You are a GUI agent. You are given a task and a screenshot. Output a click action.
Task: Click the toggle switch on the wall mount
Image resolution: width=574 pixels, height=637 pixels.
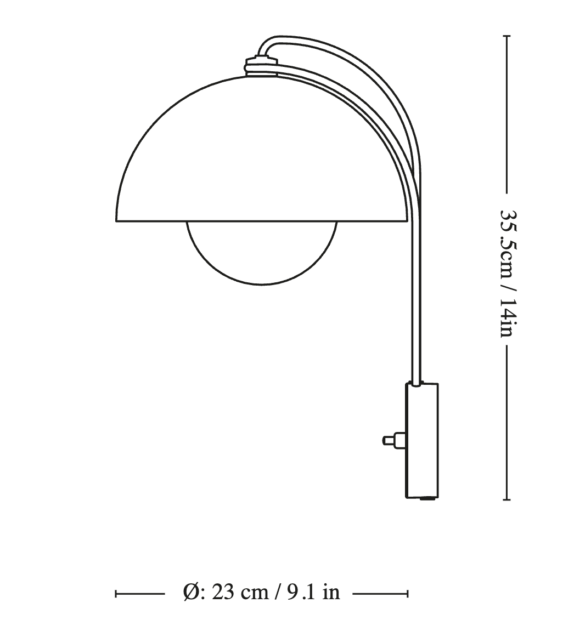click(394, 440)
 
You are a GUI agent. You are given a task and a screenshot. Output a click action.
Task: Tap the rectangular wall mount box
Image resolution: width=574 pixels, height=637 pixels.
click(422, 440)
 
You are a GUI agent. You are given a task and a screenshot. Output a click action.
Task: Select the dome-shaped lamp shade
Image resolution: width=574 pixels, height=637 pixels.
click(261, 149)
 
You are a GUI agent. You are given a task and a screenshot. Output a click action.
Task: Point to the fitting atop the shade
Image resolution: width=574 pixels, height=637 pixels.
click(262, 65)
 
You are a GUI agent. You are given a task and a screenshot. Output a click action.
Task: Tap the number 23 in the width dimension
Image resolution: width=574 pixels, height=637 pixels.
click(223, 592)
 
